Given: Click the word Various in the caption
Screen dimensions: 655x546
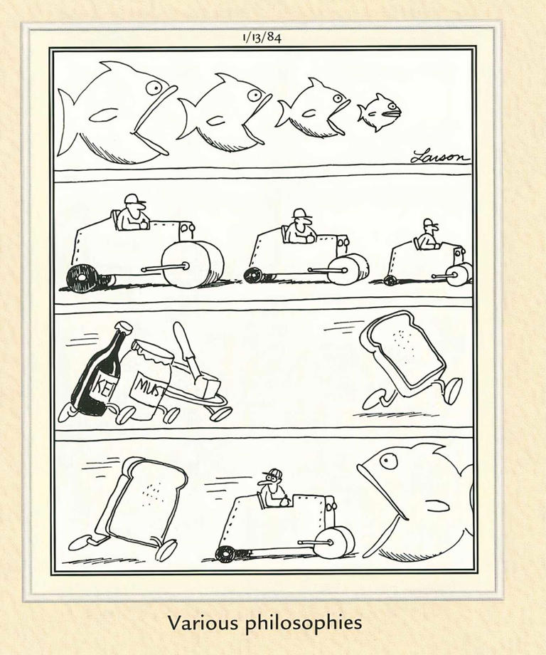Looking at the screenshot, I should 203,623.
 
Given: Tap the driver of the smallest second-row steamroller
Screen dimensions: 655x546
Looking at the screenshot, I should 427,236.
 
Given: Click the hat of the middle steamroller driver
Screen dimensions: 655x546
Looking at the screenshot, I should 299,214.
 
